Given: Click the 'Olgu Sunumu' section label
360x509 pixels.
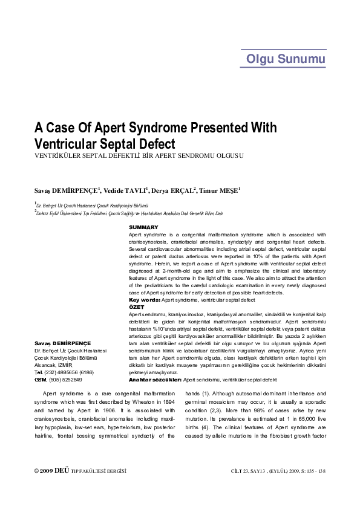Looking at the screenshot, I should click(286, 59).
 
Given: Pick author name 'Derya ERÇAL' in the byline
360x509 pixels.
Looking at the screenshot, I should click(174, 190).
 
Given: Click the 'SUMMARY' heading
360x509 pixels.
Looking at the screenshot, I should click(143, 227).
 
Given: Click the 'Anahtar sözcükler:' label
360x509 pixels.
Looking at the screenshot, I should click(155, 380).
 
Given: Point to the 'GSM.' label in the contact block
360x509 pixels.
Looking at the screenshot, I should click(41, 380).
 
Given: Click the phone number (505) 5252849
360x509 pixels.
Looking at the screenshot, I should click(66, 380).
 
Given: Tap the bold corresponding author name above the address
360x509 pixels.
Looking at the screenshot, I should click(62, 343).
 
